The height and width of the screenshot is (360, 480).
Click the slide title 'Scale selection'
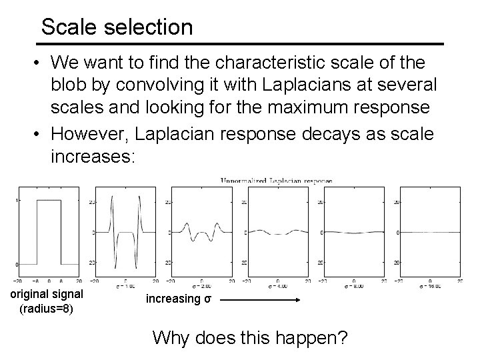click(117, 27)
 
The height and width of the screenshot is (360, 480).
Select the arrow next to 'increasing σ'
click(261, 301)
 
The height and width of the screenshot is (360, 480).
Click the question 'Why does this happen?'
click(249, 337)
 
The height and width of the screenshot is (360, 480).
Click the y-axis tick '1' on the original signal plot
click(17, 201)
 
